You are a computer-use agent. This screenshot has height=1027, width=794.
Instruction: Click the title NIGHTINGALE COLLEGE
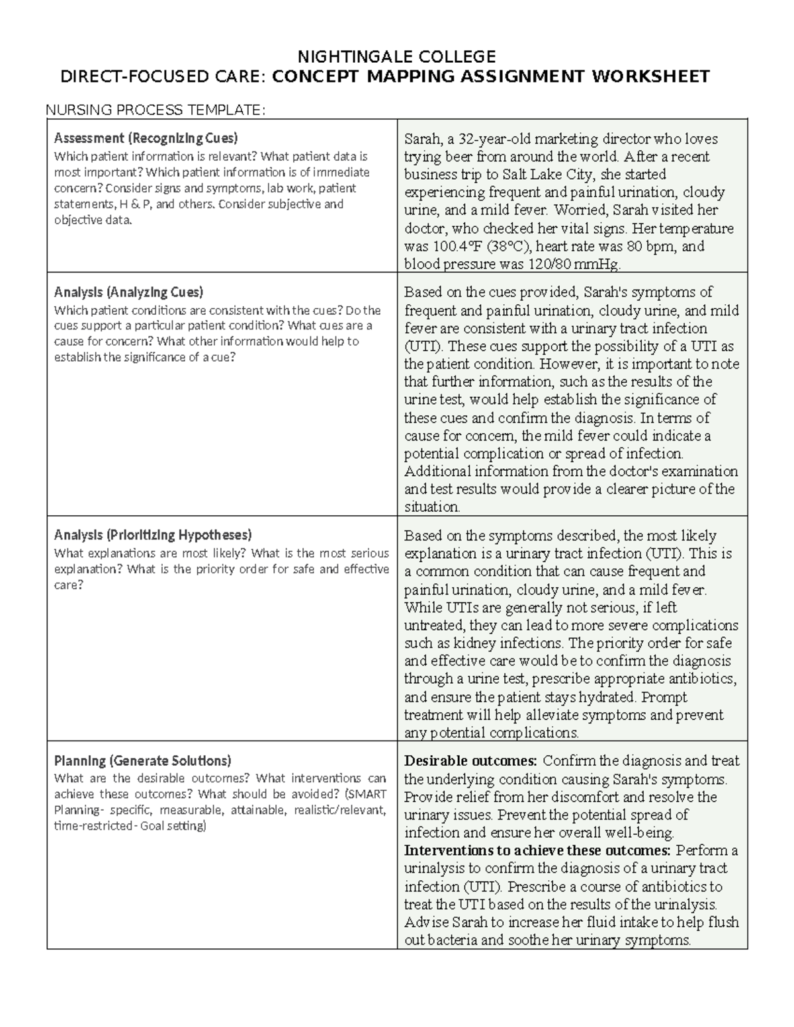(x=396, y=56)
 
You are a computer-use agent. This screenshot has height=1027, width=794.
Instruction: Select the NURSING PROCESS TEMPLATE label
(x=155, y=110)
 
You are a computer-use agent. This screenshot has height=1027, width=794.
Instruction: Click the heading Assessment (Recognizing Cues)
(x=146, y=138)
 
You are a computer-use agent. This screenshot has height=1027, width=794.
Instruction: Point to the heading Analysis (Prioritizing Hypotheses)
(x=153, y=534)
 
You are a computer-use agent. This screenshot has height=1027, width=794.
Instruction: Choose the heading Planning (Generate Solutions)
(x=142, y=760)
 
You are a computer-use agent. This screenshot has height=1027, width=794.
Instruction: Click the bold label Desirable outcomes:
(x=471, y=761)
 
